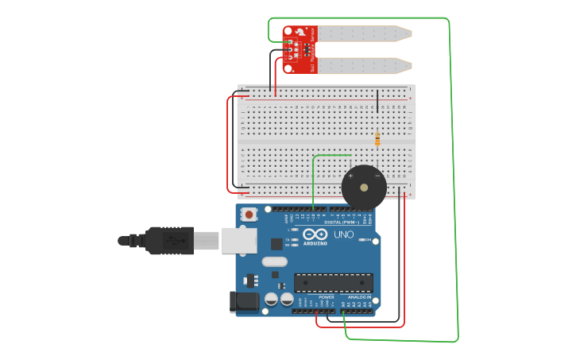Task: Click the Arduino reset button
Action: (249, 214)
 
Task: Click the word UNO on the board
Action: (343, 234)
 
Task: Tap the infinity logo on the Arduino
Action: (315, 234)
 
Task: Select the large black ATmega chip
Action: (333, 282)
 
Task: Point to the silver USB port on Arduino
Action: (238, 239)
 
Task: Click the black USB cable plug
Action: (169, 239)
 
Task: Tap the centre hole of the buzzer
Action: (364, 188)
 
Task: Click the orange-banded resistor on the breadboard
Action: (377, 140)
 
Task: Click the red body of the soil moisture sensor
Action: (300, 49)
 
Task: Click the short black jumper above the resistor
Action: (377, 102)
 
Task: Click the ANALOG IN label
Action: (359, 296)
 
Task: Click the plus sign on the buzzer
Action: (350, 176)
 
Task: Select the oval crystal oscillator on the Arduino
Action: (273, 261)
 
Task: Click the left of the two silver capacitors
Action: (271, 299)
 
